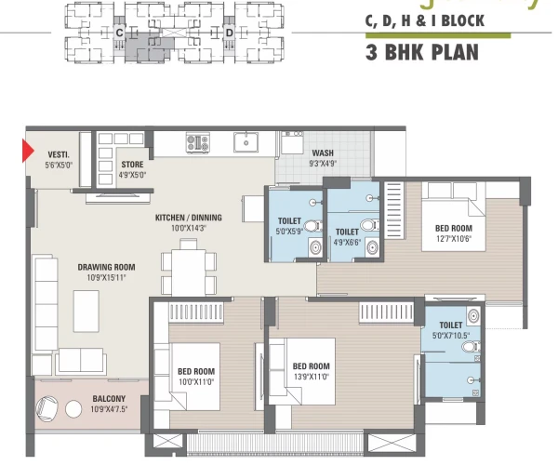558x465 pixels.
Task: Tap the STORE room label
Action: (x=132, y=165)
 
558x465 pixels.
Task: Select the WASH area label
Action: (x=323, y=153)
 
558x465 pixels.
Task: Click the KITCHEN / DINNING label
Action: (x=194, y=219)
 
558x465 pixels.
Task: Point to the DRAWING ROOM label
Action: (x=106, y=266)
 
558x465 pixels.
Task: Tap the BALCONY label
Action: (x=109, y=400)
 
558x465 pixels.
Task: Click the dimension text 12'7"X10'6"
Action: (x=454, y=238)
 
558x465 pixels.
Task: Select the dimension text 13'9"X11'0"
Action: (x=311, y=378)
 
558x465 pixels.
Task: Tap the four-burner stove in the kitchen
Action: (x=199, y=143)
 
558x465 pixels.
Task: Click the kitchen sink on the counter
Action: (x=246, y=142)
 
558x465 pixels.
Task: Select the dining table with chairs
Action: (x=189, y=268)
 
